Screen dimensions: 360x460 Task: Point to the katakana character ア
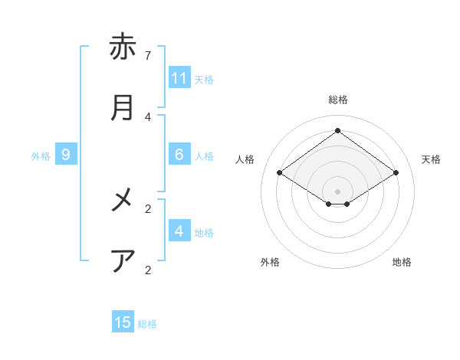pyautogui.click(x=123, y=261)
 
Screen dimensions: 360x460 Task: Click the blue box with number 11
pyautogui.click(x=179, y=78)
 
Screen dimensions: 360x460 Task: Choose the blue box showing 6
pyautogui.click(x=179, y=155)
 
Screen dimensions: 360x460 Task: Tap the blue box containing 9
pyautogui.click(x=66, y=155)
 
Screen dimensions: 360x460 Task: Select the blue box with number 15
pyautogui.click(x=123, y=322)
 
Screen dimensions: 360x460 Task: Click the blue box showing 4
pyautogui.click(x=179, y=231)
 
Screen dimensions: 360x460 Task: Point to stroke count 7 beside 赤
pyautogui.click(x=148, y=55)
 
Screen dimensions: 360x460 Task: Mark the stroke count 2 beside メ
pyautogui.click(x=148, y=208)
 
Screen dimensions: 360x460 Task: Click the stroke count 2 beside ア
pyautogui.click(x=148, y=270)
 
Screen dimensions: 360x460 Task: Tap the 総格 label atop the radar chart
pyautogui.click(x=338, y=100)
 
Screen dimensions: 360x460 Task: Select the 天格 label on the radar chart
pyautogui.click(x=432, y=159)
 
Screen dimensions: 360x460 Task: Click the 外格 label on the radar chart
pyautogui.click(x=270, y=262)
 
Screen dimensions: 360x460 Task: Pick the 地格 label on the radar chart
pyautogui.click(x=402, y=262)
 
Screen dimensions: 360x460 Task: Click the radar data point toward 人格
pyautogui.click(x=280, y=173)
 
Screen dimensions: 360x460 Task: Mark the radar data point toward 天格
pyautogui.click(x=396, y=173)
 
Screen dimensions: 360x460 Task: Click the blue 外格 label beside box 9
pyautogui.click(x=41, y=155)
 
